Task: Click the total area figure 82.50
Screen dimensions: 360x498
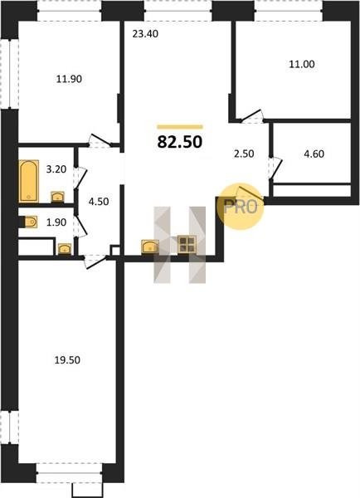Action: [x=180, y=142]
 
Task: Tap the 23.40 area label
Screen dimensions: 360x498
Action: [x=145, y=34]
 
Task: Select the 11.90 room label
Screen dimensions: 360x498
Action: [x=69, y=79]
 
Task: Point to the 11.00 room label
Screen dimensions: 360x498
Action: [x=302, y=64]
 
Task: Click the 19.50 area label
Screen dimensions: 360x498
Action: [x=67, y=360]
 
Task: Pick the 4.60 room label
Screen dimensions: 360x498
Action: [x=314, y=154]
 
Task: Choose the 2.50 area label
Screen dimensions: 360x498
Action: [x=244, y=154]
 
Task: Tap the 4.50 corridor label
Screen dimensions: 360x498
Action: [x=99, y=202]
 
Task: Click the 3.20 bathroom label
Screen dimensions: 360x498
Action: [x=56, y=169]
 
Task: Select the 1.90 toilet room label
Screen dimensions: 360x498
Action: [x=56, y=222]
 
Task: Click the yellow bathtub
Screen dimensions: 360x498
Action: [x=29, y=181]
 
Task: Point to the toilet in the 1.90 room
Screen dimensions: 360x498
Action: [x=30, y=222]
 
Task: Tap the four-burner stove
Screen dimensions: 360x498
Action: [x=187, y=245]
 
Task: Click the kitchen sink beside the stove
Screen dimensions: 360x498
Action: [x=150, y=247]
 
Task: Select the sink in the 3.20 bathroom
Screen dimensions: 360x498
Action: [x=58, y=197]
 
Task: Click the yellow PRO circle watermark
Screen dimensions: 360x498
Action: [x=241, y=206]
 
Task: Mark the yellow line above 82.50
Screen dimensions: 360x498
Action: [x=180, y=127]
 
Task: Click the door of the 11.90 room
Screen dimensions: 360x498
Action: [x=100, y=140]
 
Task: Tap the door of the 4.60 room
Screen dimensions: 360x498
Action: [x=275, y=168]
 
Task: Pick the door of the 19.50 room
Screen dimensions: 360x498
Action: [x=95, y=261]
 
